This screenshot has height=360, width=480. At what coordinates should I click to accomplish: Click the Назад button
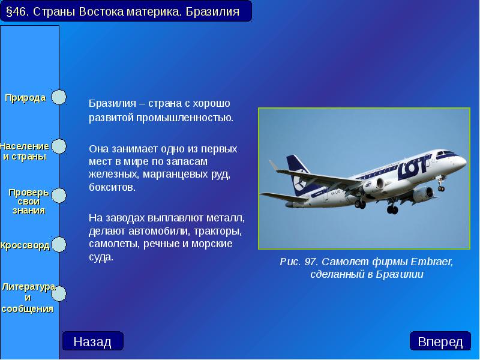click(x=92, y=341)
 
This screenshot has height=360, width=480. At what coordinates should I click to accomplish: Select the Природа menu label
click(x=25, y=98)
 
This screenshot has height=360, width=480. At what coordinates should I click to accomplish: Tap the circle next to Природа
click(x=58, y=97)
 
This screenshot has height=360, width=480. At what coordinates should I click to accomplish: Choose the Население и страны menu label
click(x=24, y=151)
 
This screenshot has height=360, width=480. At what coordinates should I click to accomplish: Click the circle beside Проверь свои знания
click(x=58, y=196)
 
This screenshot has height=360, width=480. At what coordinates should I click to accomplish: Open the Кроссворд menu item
click(x=25, y=245)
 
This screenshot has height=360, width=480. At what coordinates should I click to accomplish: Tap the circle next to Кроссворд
click(x=58, y=245)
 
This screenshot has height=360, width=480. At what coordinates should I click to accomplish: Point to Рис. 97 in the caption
click(x=298, y=262)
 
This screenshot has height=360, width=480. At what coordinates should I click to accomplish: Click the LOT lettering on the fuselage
click(x=415, y=163)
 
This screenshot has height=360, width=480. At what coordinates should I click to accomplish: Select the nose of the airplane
click(x=462, y=161)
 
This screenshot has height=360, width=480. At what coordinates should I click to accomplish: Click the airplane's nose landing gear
click(x=441, y=187)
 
